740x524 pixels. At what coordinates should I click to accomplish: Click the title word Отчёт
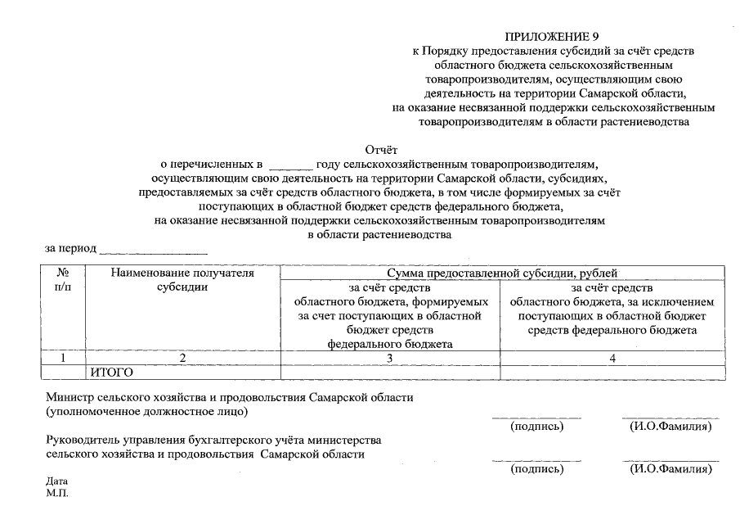(x=380, y=149)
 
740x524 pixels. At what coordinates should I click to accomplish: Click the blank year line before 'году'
(x=290, y=165)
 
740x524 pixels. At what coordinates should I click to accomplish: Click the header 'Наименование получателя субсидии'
(x=182, y=280)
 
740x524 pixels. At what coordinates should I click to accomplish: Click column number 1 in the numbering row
(x=63, y=358)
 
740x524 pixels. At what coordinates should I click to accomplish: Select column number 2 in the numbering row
(x=182, y=358)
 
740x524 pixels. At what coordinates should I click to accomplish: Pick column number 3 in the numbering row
(x=390, y=358)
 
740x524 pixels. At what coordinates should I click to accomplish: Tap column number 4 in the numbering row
(x=612, y=358)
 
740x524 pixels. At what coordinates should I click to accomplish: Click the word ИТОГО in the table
(x=111, y=373)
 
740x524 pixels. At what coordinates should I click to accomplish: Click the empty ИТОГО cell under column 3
(x=390, y=373)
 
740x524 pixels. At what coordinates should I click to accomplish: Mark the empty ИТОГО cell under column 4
(x=612, y=373)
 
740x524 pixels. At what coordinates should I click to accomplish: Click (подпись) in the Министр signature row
(x=536, y=427)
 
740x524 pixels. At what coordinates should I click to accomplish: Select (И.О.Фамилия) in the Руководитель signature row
(x=670, y=469)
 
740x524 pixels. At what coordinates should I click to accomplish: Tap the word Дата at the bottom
(x=57, y=481)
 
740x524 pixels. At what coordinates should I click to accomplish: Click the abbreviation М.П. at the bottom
(x=57, y=494)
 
